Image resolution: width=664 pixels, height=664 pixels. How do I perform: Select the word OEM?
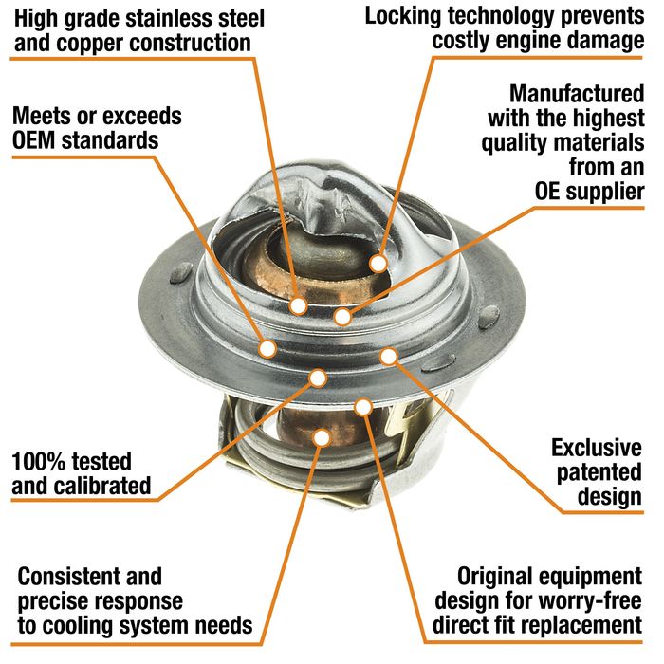coord(34,140)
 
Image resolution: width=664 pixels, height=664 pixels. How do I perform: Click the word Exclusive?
coord(597,448)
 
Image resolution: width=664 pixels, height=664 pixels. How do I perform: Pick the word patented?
coord(599,473)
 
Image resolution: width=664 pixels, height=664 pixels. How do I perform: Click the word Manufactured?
coord(577,93)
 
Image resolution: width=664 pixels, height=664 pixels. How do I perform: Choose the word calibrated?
coord(102,486)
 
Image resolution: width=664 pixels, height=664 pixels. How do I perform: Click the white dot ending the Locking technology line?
coord(378,264)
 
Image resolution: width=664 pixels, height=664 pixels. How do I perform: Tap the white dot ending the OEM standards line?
coord(267,348)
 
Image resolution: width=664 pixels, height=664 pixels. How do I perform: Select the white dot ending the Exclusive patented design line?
coord(389,357)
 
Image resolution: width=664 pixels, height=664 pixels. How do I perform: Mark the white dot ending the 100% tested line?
coord(318,378)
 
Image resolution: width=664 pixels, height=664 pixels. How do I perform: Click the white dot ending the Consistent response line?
coord(322,437)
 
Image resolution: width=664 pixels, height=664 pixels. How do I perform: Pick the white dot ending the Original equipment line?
coord(363,407)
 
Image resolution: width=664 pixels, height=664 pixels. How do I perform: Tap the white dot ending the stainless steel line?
coord(299,305)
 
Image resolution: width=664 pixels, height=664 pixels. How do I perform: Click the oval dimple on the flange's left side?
coord(181,272)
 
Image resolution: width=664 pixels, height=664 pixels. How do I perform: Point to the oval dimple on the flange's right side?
coord(489,317)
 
